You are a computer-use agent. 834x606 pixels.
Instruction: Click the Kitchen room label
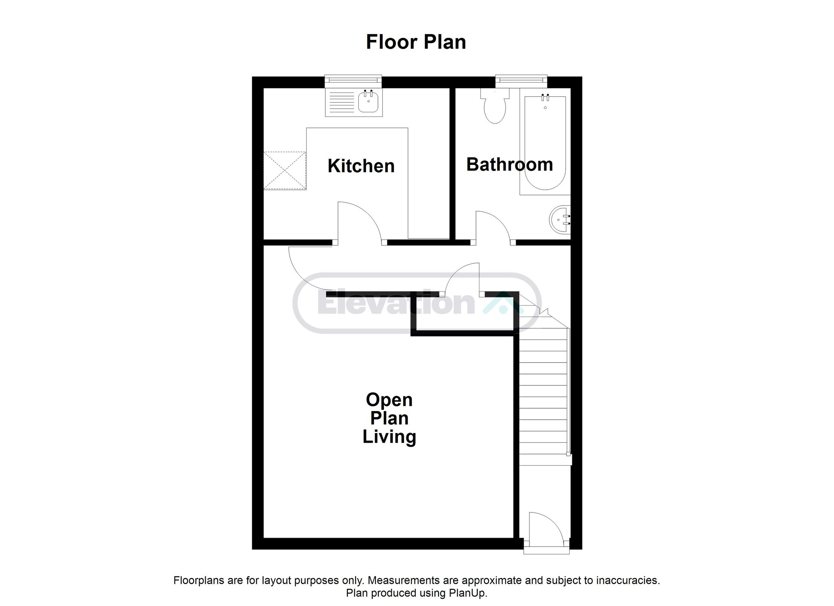361,166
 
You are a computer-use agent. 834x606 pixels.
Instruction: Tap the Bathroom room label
509,164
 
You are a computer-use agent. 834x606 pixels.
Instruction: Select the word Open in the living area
389,400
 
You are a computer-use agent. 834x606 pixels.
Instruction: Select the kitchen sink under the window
353,103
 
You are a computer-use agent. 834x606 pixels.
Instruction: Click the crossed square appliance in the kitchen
285,171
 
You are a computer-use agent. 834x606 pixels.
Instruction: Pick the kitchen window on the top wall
353,81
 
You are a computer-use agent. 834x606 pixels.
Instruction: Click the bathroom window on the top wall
521,81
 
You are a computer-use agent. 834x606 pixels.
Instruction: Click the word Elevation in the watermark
396,303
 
